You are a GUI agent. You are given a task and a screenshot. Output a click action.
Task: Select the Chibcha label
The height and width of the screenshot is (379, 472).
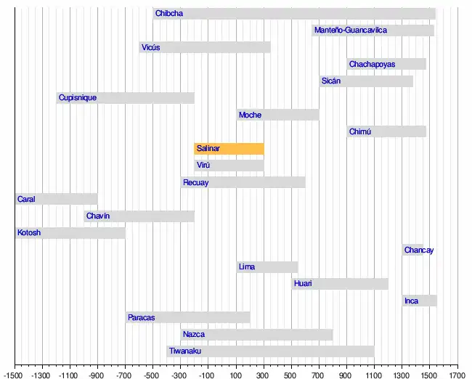169,14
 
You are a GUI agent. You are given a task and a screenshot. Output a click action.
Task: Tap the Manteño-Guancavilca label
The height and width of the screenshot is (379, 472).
351,30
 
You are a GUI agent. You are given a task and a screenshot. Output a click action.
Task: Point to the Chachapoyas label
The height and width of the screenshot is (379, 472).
372,65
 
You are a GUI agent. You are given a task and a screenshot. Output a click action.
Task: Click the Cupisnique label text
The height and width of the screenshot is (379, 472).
78,98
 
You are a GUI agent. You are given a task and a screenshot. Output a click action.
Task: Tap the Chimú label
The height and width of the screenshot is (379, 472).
360,132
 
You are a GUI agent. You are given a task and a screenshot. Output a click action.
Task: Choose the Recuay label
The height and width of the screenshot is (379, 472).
196,183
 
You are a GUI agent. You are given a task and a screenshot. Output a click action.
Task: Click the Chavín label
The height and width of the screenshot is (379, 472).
98,216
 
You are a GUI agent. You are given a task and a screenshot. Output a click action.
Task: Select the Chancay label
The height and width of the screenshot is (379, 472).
419,250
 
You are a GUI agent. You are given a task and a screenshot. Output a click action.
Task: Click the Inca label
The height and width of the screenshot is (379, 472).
412,301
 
